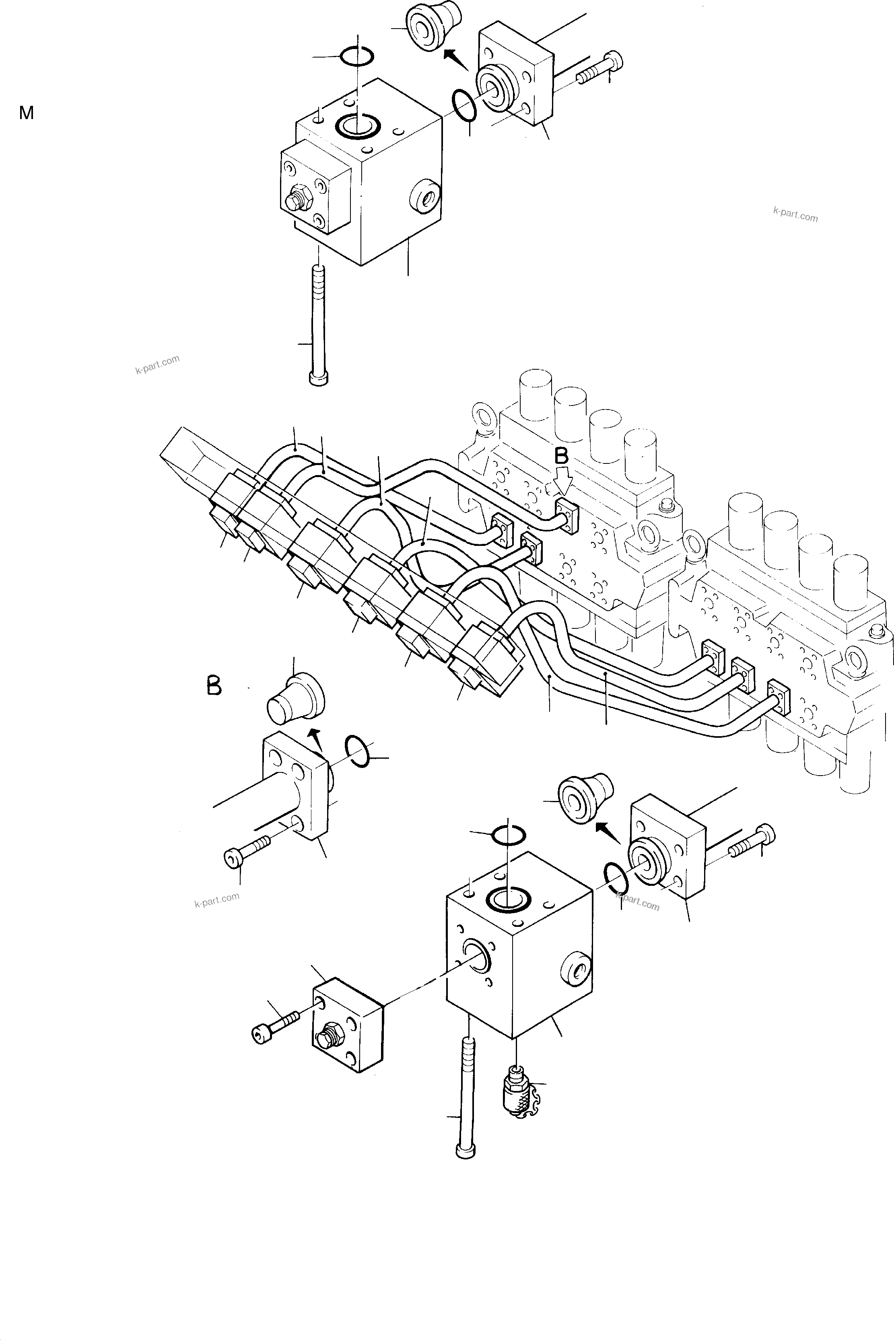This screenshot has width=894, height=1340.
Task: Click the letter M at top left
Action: [26, 113]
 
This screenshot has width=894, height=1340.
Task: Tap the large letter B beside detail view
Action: [214, 685]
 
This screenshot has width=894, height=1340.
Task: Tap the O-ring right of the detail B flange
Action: [358, 751]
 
